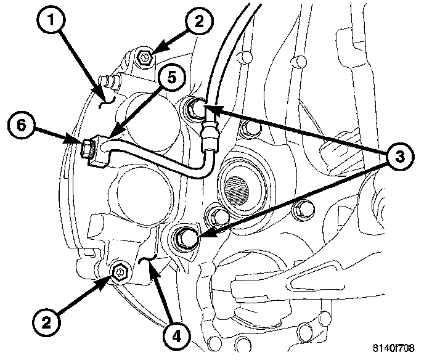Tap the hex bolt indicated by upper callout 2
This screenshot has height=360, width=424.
pyautogui.click(x=145, y=58)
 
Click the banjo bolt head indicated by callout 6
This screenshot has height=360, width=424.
pyautogui.click(x=87, y=148)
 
